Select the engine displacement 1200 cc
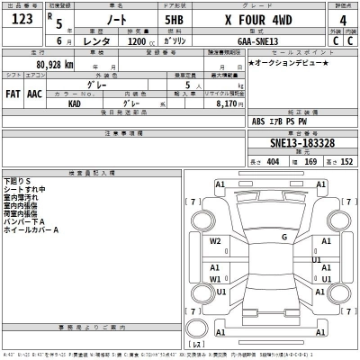pyautogui.click(x=141, y=41)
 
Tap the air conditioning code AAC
pyautogui.click(x=35, y=93)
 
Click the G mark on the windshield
pyautogui.click(x=283, y=238)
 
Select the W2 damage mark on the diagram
pyautogui.click(x=216, y=241)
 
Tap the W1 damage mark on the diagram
pyautogui.click(x=216, y=279)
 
